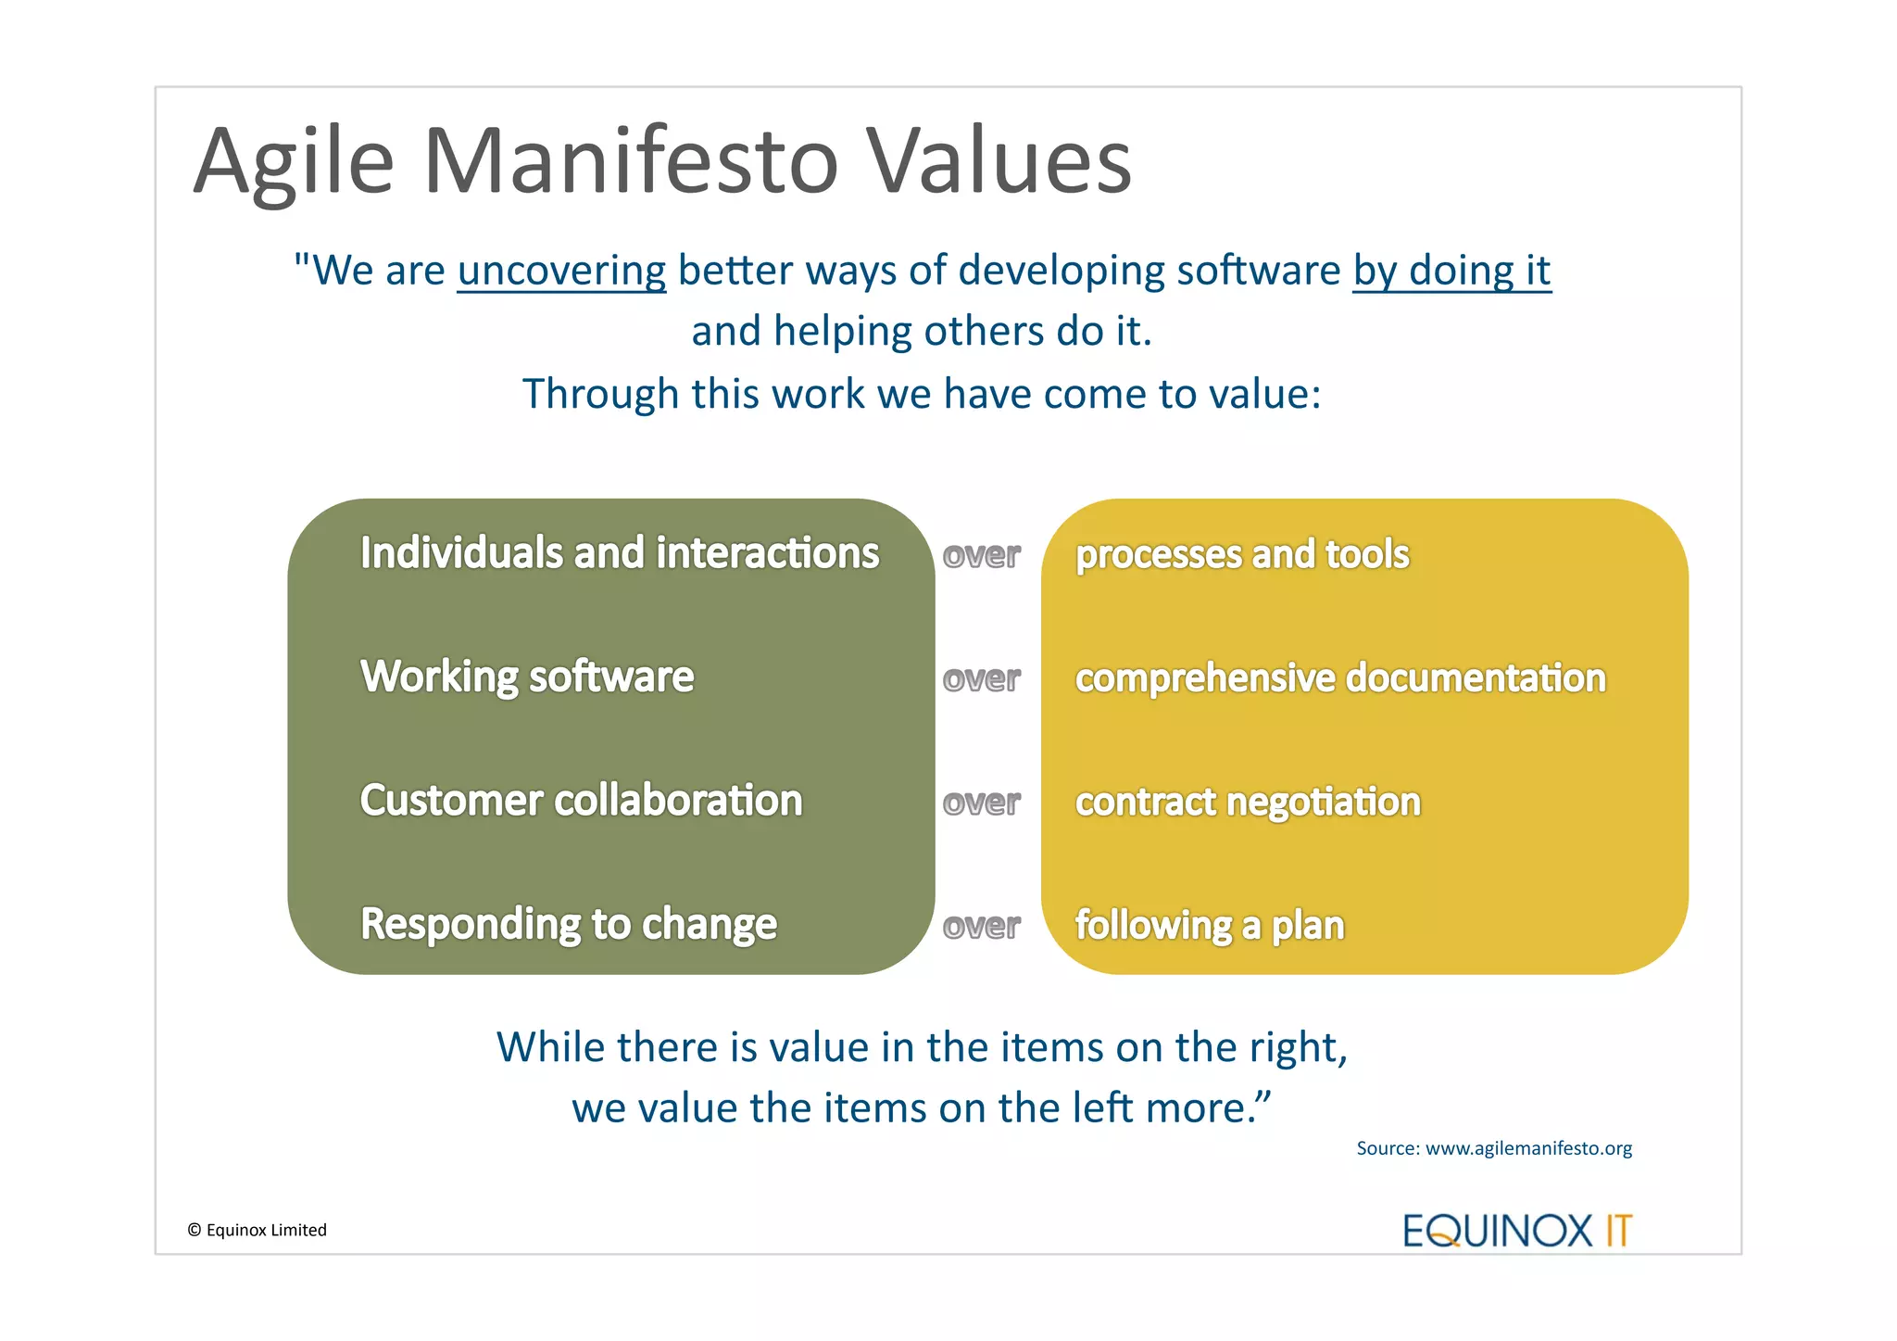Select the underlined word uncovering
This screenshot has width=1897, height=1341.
[561, 271]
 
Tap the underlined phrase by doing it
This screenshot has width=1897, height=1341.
[1451, 271]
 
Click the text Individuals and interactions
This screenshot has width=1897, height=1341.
[619, 553]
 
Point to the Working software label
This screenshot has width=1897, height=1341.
[526, 677]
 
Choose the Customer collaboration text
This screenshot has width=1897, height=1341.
[581, 801]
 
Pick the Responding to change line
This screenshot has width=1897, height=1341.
[568, 924]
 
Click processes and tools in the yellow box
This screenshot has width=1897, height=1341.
[1241, 554]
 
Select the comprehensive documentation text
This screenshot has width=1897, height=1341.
[1339, 678]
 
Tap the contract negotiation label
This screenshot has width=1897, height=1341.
[1247, 802]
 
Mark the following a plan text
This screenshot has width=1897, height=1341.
[1209, 925]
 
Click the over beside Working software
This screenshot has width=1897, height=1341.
[981, 679]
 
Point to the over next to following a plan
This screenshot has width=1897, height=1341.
[981, 926]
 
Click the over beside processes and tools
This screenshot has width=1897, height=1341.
[981, 555]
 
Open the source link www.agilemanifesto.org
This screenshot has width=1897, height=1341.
[1528, 1148]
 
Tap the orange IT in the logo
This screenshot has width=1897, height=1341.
[1617, 1231]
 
